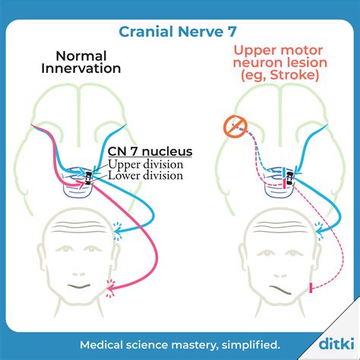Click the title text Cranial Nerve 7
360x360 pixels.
pyautogui.click(x=179, y=31)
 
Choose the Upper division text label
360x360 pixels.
pyautogui.click(x=146, y=164)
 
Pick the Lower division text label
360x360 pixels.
pyautogui.click(x=146, y=175)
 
